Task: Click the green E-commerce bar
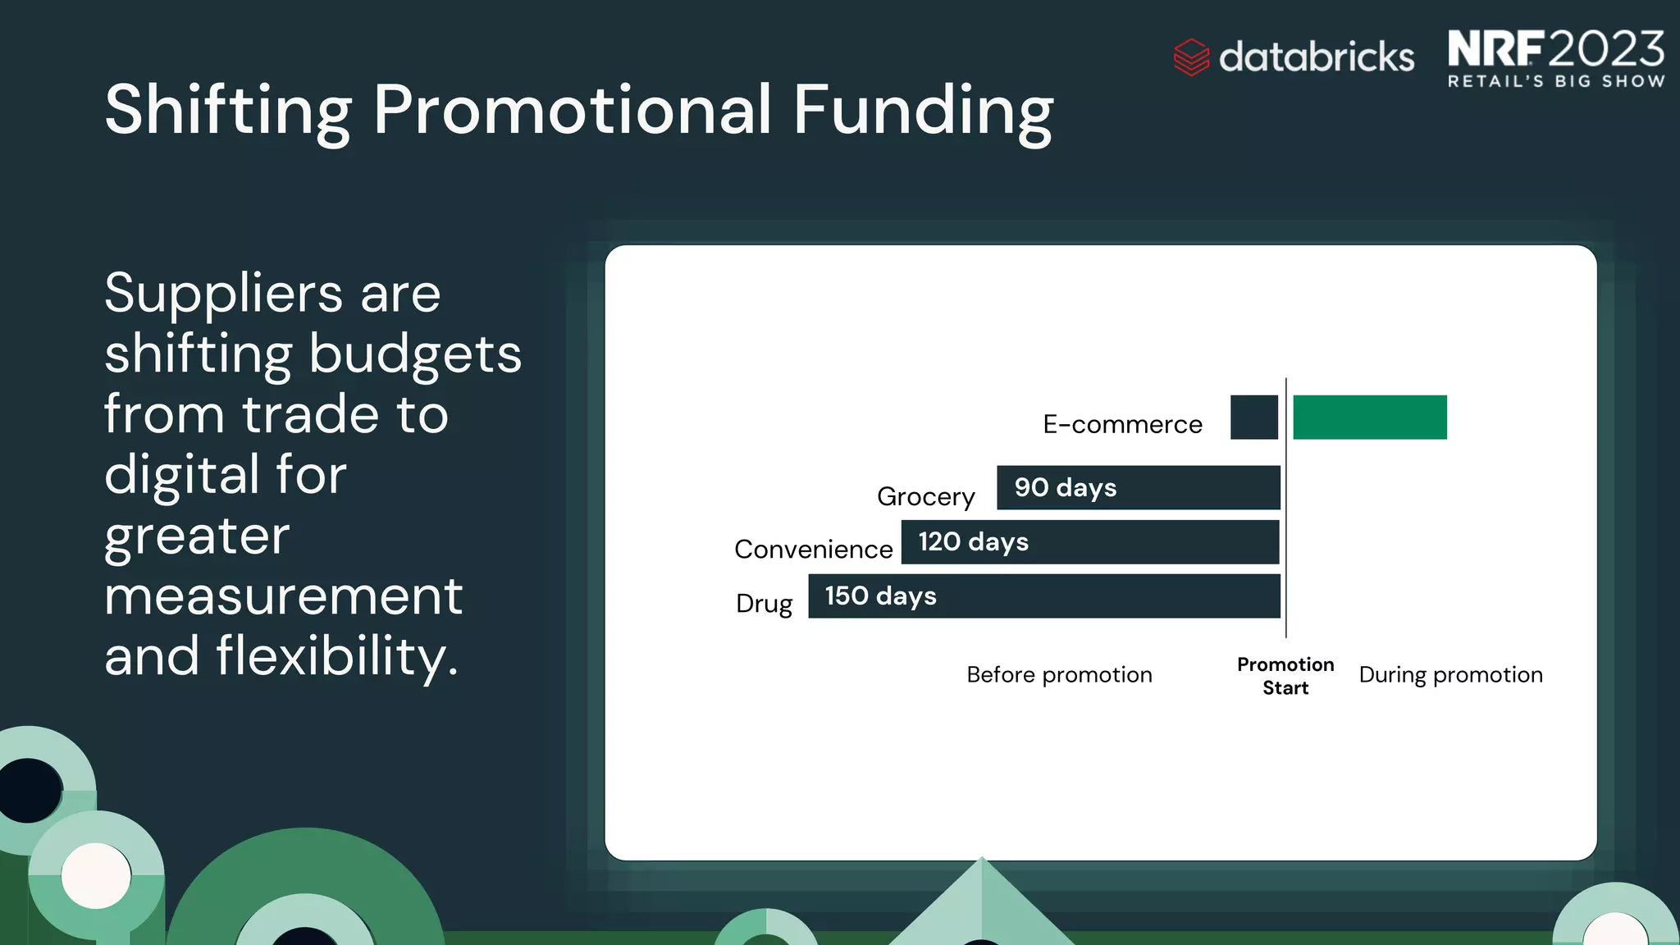tap(1369, 417)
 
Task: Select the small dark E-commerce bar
tap(1253, 417)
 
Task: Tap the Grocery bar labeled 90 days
tap(1138, 487)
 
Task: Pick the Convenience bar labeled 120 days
tap(1089, 541)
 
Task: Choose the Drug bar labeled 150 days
tap(1043, 596)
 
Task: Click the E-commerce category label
tap(1121, 424)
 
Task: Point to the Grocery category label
tap(925, 496)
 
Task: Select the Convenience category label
tap(813, 549)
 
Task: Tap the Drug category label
tap(764, 603)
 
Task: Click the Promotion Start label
tap(1285, 676)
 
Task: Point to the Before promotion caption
tap(1058, 674)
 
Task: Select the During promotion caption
tap(1449, 674)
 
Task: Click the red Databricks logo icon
tap(1190, 57)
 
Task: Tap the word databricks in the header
tap(1316, 57)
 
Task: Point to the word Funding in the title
tap(922, 111)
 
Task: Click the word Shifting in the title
tap(228, 111)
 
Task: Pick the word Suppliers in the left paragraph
tap(222, 293)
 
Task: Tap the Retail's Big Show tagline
tap(1555, 81)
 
